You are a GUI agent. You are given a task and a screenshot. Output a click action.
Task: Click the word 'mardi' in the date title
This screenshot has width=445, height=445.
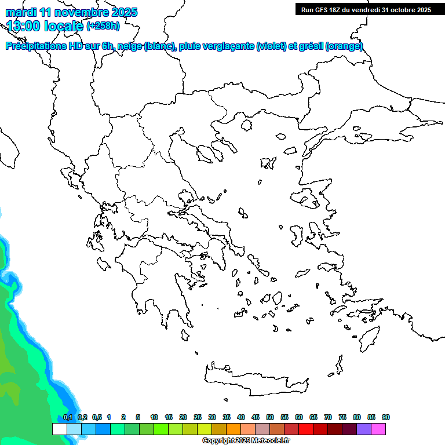[x=20, y=12]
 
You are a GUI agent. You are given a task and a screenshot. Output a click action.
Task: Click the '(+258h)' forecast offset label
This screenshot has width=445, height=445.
[x=103, y=25]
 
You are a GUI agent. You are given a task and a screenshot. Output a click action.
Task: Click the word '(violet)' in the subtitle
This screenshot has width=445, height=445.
[x=271, y=46]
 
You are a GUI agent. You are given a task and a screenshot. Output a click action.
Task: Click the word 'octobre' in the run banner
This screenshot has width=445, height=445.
[x=404, y=9]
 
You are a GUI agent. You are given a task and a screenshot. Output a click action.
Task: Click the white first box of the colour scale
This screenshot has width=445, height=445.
[x=60, y=429]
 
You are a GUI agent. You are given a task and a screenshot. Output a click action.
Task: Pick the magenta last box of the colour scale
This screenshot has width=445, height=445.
[x=378, y=429]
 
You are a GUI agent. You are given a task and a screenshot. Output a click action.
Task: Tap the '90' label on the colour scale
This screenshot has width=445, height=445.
[x=386, y=418]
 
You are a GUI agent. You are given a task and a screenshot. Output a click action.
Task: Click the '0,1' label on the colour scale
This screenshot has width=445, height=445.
[x=68, y=418]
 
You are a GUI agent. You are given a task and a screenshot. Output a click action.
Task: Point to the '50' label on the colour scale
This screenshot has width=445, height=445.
[x=270, y=418]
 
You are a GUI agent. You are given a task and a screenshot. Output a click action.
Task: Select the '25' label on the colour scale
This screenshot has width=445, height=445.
[x=198, y=418]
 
